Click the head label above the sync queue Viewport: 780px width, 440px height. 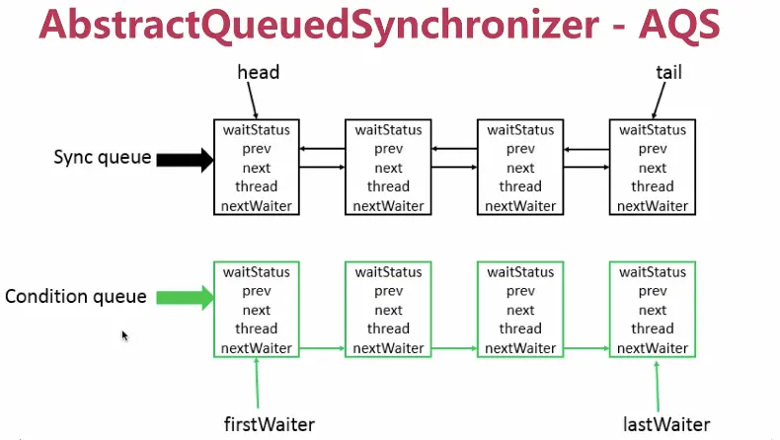258,73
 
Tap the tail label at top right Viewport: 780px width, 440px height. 668,73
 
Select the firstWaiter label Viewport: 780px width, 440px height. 270,424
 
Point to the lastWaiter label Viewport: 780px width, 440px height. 666,424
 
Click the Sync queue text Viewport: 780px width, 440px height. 103,157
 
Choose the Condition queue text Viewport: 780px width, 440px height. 76,296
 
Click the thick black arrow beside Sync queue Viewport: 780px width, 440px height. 185,160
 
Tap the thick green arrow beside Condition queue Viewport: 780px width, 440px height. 185,298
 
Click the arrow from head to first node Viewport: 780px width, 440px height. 252,101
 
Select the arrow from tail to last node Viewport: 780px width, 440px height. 659,101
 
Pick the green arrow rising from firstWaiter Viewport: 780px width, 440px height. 257,383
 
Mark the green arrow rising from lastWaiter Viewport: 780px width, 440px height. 658,387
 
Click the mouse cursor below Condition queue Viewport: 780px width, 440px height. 124,336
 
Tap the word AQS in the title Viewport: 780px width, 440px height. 679,25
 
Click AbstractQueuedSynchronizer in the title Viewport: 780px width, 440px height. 319,26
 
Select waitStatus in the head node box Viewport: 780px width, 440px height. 256,130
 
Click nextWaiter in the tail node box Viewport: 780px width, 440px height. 653,206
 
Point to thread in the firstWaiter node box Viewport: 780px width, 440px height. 256,329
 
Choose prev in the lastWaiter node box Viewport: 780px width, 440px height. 653,291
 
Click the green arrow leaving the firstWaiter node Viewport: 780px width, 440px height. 322,348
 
